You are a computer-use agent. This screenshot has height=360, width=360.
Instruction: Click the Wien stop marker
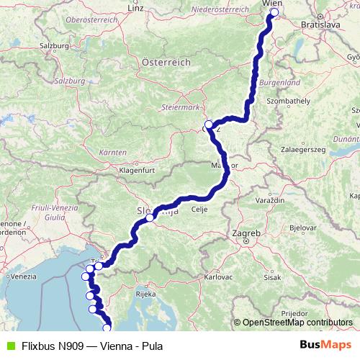(x=274, y=12)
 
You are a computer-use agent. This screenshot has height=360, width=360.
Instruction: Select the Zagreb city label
(x=245, y=233)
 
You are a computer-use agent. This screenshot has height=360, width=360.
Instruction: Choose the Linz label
(x=135, y=8)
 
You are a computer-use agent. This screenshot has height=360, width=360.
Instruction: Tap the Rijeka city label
(x=146, y=293)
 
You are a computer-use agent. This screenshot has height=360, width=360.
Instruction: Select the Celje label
(x=199, y=210)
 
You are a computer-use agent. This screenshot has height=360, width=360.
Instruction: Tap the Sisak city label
(x=272, y=276)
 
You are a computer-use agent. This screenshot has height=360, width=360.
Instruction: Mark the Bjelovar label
(x=302, y=227)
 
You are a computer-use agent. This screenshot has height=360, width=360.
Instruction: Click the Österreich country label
(x=166, y=63)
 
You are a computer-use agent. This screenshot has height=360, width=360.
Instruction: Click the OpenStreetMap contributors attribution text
(x=297, y=323)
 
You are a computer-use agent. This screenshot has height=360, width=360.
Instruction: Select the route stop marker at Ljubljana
(x=150, y=217)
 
